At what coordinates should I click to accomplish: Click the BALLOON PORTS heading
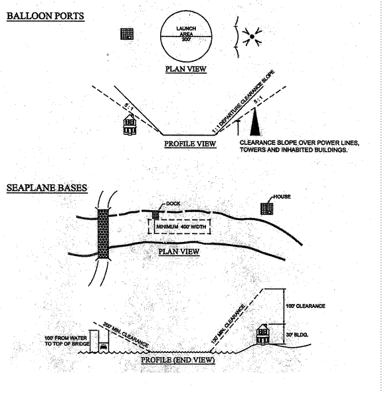[x=45, y=16]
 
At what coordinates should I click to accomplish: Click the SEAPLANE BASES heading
[x=47, y=188]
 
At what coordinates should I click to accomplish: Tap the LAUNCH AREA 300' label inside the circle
[x=186, y=34]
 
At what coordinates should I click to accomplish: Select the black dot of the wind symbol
[x=252, y=37]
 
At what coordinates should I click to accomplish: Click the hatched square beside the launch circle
[x=127, y=34]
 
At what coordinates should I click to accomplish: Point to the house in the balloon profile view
[x=130, y=124]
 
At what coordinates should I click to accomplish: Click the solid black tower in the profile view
[x=255, y=122]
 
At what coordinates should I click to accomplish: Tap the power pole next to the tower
[x=238, y=128]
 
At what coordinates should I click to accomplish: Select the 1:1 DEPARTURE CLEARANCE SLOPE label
[x=243, y=101]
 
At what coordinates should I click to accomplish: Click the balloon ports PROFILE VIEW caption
[x=190, y=144]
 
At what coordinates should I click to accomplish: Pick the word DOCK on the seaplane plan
[x=173, y=203]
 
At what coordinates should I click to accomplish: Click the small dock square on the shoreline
[x=155, y=215]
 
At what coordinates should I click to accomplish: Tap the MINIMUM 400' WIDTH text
[x=181, y=227]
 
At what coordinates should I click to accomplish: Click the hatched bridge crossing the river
[x=103, y=233]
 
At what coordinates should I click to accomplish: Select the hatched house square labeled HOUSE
[x=267, y=209]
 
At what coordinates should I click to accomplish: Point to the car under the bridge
[x=104, y=347]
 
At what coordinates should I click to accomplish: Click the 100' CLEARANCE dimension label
[x=306, y=306]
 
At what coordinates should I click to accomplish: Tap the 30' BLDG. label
[x=297, y=335]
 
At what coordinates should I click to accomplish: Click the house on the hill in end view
[x=263, y=334]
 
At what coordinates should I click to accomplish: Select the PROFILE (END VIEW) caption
[x=178, y=360]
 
